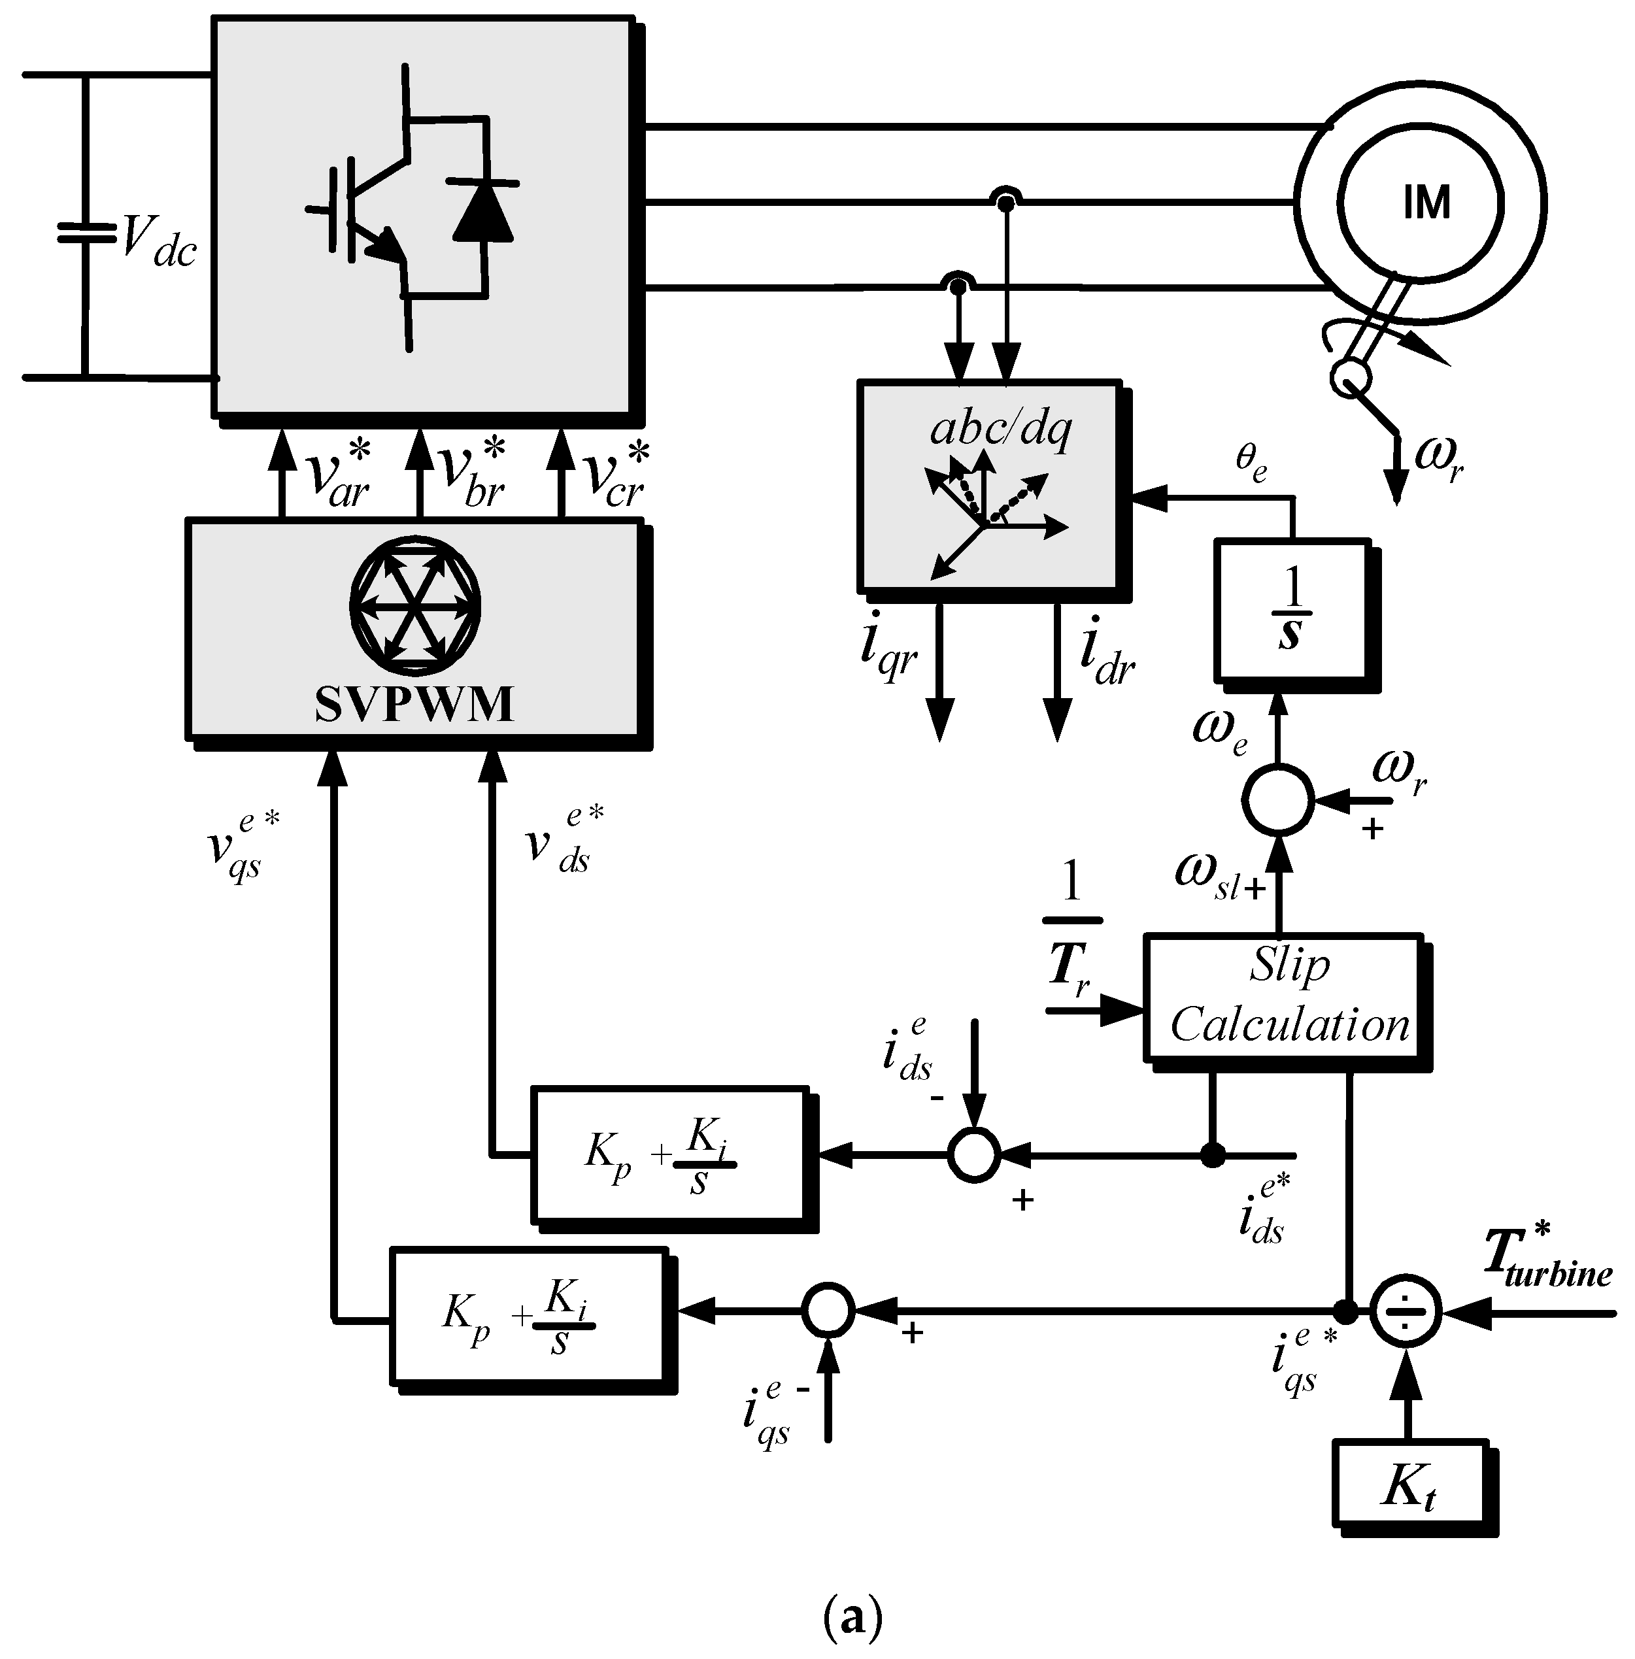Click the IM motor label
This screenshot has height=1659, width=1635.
(x=1425, y=203)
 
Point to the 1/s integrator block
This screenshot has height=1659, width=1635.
(x=1290, y=611)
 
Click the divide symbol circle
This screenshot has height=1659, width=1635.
(x=1404, y=1312)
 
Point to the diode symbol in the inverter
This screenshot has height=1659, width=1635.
(x=482, y=211)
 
